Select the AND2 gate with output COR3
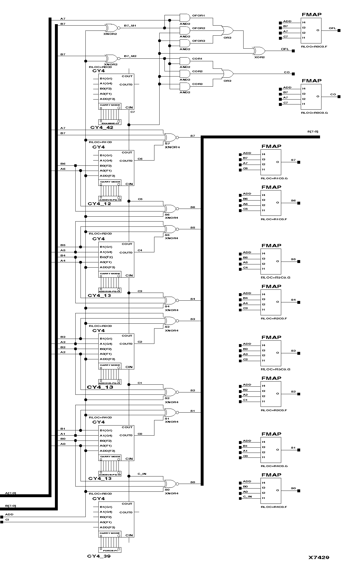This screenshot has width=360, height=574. coord(184,86)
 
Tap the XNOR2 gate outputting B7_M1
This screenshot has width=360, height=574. coord(111,28)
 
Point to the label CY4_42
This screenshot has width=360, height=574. coord(102,127)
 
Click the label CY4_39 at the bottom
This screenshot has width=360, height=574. coord(99,556)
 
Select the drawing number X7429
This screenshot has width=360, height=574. coord(319,557)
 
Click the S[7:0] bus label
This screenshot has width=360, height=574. coord(313,131)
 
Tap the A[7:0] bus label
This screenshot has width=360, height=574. coord(11,493)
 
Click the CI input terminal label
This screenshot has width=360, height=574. coord(7,520)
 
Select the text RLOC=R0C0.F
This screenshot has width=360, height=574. coord(314,46)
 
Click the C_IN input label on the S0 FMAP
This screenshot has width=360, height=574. coord(247,497)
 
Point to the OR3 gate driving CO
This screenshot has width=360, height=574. coord(227,74)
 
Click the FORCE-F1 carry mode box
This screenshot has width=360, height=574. coord(110,550)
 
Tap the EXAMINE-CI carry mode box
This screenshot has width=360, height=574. coord(110,122)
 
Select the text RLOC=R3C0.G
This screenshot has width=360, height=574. coord(275,369)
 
